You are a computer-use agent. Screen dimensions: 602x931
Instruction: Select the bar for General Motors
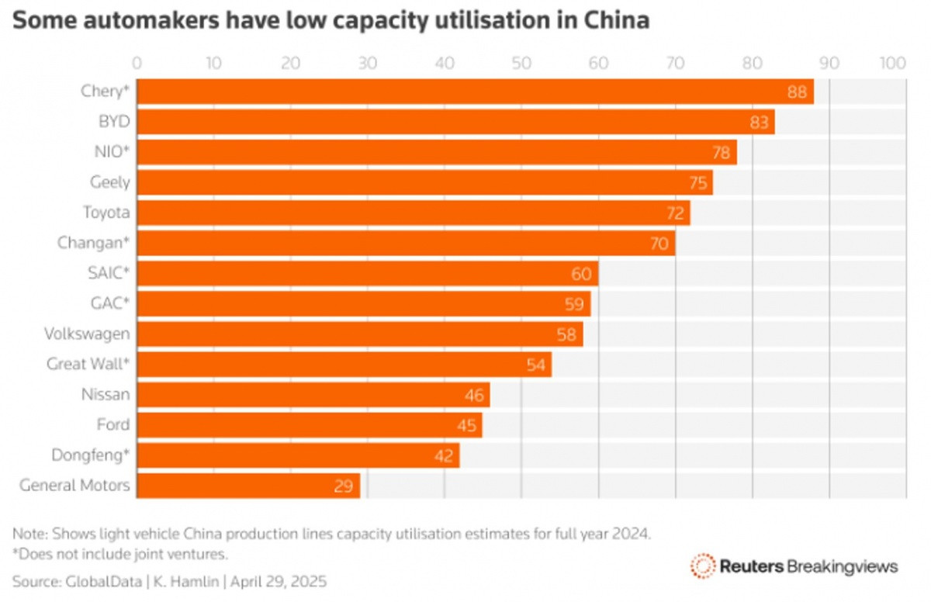[x=248, y=486]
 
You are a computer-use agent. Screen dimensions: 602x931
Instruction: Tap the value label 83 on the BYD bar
[x=758, y=123]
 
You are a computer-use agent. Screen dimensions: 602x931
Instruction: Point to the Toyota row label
[x=107, y=213]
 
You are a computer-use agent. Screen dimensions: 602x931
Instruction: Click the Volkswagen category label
[x=88, y=334]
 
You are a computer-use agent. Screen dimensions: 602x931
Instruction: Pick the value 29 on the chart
[x=344, y=486]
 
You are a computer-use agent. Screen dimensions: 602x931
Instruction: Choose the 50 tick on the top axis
[x=521, y=62]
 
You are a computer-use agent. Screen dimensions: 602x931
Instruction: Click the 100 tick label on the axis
[x=893, y=62]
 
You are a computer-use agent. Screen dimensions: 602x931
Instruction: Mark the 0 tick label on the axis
[x=137, y=62]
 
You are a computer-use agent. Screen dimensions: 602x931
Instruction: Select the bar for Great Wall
[x=344, y=365]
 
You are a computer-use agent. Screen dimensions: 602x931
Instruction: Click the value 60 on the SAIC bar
[x=581, y=274]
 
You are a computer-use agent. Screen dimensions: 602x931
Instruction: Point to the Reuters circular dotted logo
[x=703, y=566]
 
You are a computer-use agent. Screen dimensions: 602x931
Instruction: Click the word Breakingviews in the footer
[x=842, y=566]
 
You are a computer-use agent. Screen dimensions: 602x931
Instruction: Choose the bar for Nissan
[x=313, y=395]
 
